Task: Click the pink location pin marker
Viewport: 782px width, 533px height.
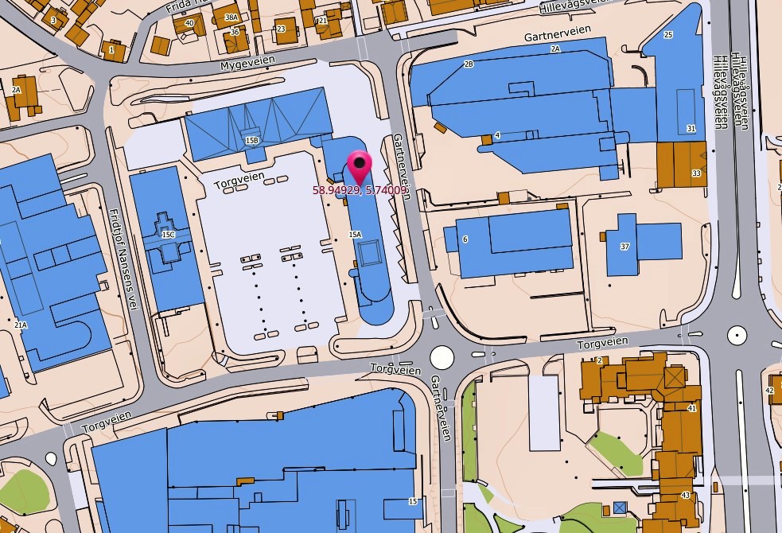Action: pyautogui.click(x=360, y=166)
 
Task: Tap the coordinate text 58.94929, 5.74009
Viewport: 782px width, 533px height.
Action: pyautogui.click(x=356, y=190)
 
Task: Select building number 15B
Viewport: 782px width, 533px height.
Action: pyautogui.click(x=252, y=141)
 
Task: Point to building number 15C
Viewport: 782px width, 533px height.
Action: pyautogui.click(x=168, y=235)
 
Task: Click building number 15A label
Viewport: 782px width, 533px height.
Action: pyautogui.click(x=355, y=235)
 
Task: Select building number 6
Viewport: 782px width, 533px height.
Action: pyautogui.click(x=465, y=239)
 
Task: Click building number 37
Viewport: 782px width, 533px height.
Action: pyautogui.click(x=625, y=247)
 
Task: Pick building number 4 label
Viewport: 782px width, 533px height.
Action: pyautogui.click(x=497, y=135)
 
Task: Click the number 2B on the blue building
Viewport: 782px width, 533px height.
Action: pyautogui.click(x=469, y=64)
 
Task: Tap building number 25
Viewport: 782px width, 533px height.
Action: pyautogui.click(x=668, y=34)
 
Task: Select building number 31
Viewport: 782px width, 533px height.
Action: pyautogui.click(x=691, y=128)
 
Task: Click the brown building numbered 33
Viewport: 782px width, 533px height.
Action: pyautogui.click(x=696, y=173)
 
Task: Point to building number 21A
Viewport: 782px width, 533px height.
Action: pyautogui.click(x=21, y=325)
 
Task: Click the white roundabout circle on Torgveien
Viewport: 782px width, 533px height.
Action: pyautogui.click(x=442, y=356)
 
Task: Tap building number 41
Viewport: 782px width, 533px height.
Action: pyautogui.click(x=692, y=408)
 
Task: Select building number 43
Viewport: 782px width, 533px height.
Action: pyautogui.click(x=686, y=496)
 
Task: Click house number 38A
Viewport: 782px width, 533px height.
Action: pyautogui.click(x=231, y=18)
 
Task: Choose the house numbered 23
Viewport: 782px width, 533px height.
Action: pyautogui.click(x=281, y=29)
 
